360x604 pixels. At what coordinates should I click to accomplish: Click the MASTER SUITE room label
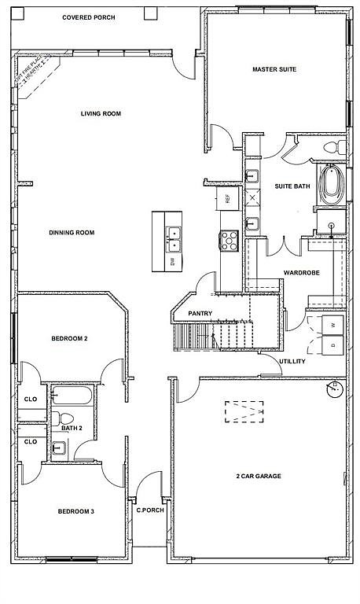click(274, 70)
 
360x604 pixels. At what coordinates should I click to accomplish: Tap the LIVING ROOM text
click(101, 114)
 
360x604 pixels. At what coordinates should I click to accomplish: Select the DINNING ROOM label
click(72, 233)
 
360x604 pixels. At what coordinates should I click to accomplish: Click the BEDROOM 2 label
click(69, 338)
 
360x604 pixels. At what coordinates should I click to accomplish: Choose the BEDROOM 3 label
click(76, 512)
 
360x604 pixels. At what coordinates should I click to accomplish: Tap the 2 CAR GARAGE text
click(258, 477)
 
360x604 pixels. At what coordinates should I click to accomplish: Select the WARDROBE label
click(299, 273)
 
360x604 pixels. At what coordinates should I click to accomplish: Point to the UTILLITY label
click(292, 362)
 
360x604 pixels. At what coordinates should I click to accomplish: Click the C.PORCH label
click(149, 509)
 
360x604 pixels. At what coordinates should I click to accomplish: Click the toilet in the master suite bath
click(333, 146)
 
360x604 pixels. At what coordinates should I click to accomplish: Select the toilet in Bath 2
click(66, 418)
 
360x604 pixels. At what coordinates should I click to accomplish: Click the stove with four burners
click(230, 240)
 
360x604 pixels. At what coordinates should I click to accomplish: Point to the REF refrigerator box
click(227, 198)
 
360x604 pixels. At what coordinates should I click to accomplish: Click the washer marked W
click(332, 325)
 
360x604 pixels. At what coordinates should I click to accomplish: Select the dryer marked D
click(332, 344)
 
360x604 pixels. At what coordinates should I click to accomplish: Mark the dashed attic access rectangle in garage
click(245, 411)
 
